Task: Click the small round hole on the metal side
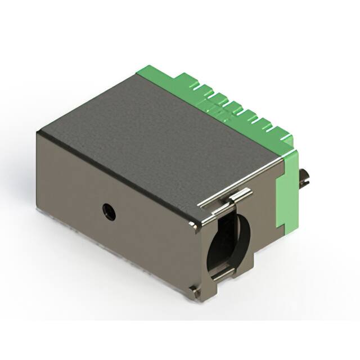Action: (x=106, y=211)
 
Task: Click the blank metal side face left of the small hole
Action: (x=67, y=194)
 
